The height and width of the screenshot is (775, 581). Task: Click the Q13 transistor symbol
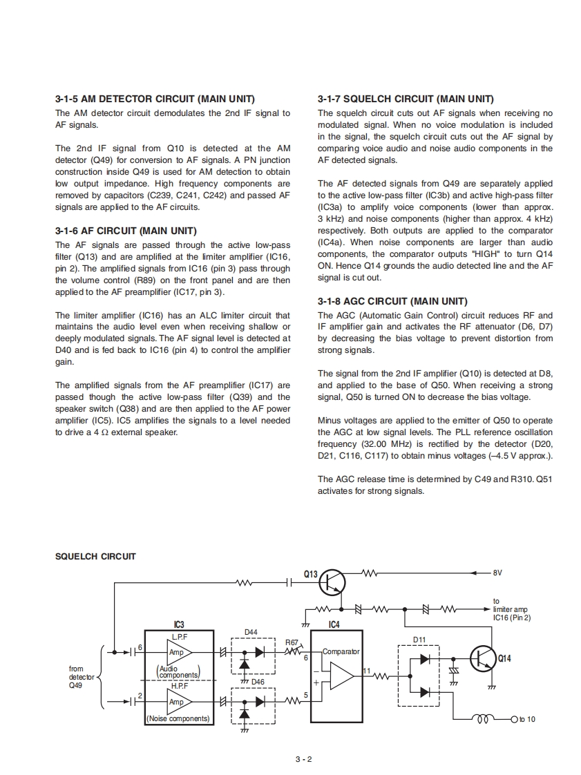coord(332,583)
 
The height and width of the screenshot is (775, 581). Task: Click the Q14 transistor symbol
coord(484,658)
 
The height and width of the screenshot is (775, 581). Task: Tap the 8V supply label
coord(497,573)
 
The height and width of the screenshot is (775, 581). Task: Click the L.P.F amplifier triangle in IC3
coord(178,651)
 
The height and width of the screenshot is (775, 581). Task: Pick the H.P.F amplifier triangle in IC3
coord(178,701)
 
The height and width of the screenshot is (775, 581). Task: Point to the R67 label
coord(292,642)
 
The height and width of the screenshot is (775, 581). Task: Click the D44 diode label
coord(251,632)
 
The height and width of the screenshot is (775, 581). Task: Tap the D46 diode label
coord(257,682)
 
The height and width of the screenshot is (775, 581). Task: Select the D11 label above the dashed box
coord(419,640)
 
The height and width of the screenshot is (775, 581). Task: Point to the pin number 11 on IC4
coord(367,671)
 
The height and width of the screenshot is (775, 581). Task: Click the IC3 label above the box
coord(178,624)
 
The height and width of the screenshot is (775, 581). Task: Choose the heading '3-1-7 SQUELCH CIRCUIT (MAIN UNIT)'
coord(406,99)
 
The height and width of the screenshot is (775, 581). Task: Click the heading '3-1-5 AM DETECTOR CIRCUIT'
coord(155,99)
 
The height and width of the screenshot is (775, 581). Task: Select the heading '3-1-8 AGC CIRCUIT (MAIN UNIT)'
coord(392,301)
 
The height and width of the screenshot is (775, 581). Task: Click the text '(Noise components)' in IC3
coord(178,718)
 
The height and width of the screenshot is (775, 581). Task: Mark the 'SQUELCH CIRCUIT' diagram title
coord(95,556)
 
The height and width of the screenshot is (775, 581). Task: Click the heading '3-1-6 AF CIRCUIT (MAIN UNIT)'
coord(126,231)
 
